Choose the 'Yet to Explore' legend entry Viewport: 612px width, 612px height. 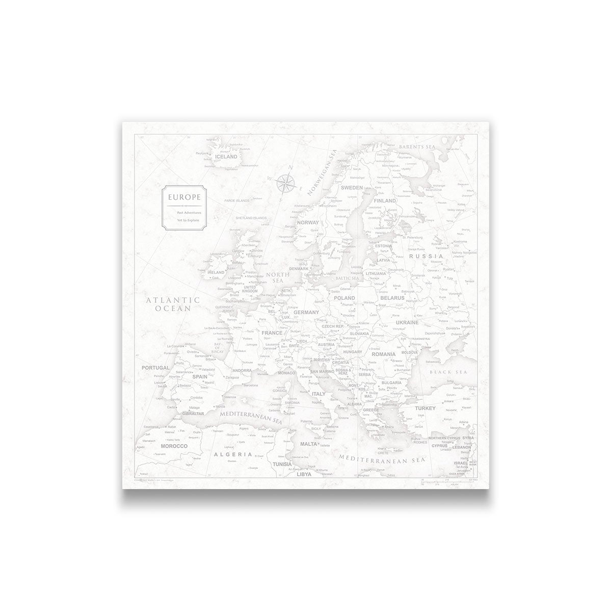tap(188, 220)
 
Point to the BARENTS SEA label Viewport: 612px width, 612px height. tap(417, 147)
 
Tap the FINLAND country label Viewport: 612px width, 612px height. tap(385, 201)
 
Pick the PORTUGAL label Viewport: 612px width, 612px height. tap(155, 367)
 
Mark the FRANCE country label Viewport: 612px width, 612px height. tap(272, 333)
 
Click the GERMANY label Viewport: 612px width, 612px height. tap(306, 312)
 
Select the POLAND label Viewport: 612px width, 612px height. tap(344, 298)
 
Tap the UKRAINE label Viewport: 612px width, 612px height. tap(406, 322)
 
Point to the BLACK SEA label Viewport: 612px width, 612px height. tap(448, 372)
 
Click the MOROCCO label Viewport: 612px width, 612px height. tap(175, 446)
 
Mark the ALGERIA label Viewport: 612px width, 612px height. tap(233, 453)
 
